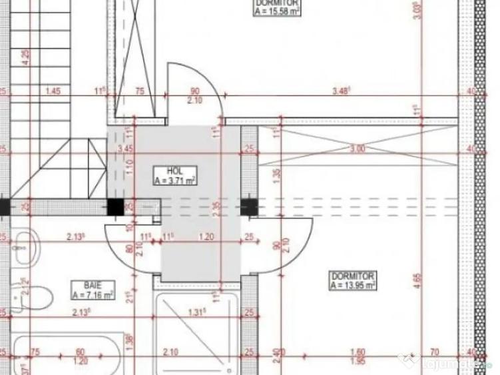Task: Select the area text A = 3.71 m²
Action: (174, 179)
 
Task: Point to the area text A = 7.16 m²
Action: (93, 293)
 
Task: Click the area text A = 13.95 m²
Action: (353, 284)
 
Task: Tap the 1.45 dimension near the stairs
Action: (53, 91)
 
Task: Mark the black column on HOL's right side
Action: (250, 207)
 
